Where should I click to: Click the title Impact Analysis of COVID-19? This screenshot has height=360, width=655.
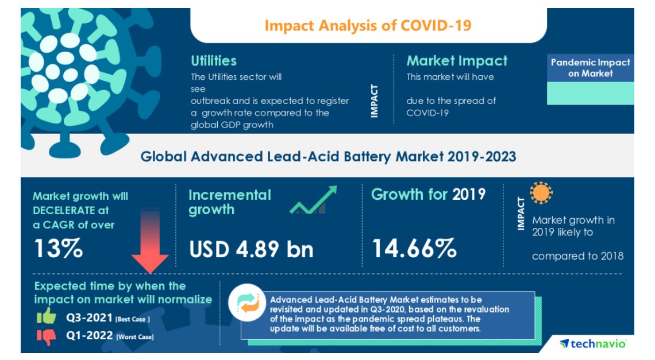tap(368, 26)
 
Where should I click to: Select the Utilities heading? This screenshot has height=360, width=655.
tap(214, 61)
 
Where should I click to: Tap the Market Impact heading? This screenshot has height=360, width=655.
tap(457, 61)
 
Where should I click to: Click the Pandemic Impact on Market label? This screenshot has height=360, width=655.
tap(590, 68)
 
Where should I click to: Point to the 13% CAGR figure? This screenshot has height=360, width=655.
tap(58, 249)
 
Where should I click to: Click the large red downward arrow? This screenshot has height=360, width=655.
tap(150, 241)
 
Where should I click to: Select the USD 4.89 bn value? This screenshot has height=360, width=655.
tap(251, 249)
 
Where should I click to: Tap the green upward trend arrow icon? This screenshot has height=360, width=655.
tap(313, 200)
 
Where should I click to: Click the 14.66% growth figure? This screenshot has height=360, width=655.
tap(414, 249)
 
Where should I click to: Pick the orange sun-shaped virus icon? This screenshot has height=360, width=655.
tap(541, 193)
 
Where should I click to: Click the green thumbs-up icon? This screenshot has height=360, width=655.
tap(47, 317)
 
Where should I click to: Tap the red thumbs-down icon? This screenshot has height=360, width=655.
tap(47, 336)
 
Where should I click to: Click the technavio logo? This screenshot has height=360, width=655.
tap(593, 343)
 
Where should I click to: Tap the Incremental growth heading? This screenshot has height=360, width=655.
tap(229, 202)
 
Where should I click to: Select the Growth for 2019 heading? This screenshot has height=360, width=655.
tap(428, 195)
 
